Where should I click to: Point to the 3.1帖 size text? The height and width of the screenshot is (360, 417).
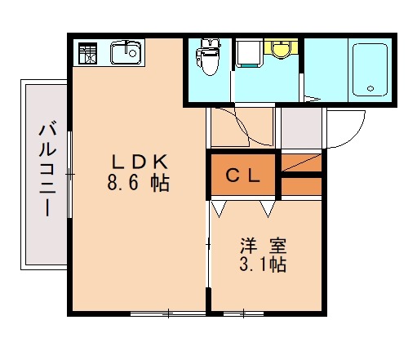coord(262,264)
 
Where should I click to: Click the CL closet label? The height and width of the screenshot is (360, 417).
coord(243,174)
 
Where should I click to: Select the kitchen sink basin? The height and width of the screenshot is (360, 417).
coord(126,54)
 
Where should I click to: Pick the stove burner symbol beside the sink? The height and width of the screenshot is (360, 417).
coord(87,53)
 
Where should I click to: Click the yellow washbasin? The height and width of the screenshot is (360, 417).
coord(282,50)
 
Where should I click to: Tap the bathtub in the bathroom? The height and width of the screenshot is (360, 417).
coord(370,69)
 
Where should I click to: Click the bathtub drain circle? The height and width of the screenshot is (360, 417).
coord(370,88)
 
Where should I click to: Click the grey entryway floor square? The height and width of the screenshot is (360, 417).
coord(301,124)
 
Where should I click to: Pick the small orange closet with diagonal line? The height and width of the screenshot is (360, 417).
coord(302,162)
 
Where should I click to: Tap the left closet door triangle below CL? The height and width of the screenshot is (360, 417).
coord(219,209)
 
